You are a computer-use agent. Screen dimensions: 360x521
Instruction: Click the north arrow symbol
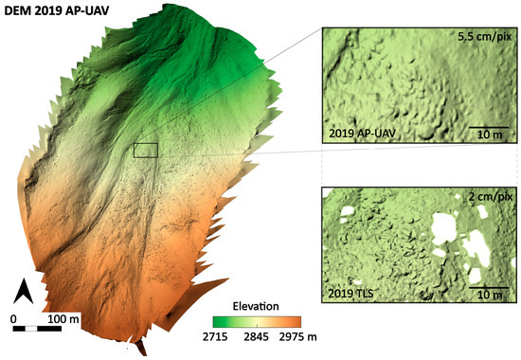point(28,293)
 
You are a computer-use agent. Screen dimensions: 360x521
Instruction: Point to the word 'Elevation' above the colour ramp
point(255,306)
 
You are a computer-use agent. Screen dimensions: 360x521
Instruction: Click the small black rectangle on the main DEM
point(145,150)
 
